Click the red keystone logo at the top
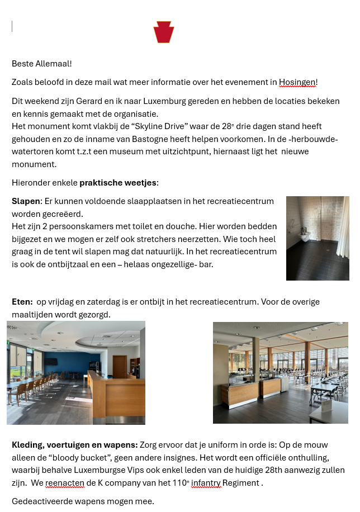pos(164,32)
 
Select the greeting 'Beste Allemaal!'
pos(42,64)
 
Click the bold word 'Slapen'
pos(25,201)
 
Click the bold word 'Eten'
pos(21,302)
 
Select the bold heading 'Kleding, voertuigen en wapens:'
pos(75,445)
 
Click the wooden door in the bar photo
pos(120,366)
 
